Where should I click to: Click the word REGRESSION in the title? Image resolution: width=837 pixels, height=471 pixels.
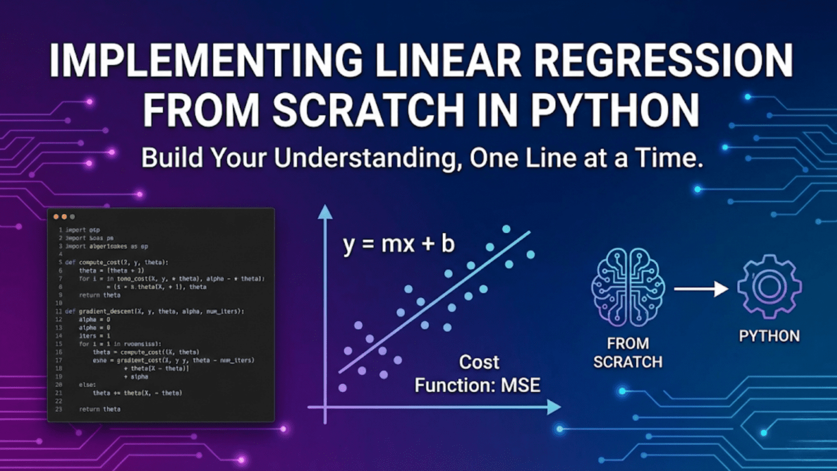tap(663, 60)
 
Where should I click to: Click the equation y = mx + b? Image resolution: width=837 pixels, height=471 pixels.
tap(398, 244)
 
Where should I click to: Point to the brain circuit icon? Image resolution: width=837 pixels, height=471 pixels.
tap(628, 287)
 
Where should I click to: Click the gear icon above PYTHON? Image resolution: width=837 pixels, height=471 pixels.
tap(769, 287)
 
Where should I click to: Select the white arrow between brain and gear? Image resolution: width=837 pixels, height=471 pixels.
tap(701, 288)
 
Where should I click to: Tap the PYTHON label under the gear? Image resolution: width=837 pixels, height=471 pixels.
tap(769, 336)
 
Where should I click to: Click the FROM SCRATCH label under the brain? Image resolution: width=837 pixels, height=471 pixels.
tap(628, 353)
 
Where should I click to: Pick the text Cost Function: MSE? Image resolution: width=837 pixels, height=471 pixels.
tap(477, 374)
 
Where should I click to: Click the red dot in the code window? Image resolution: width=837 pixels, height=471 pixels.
tap(56, 217)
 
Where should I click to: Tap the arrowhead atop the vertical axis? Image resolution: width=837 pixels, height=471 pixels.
tap(325, 212)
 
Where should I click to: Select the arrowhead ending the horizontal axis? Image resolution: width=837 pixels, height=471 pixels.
tap(553, 407)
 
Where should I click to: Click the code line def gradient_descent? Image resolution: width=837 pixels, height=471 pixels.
tap(154, 311)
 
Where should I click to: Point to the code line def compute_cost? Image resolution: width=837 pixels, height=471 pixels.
tap(117, 262)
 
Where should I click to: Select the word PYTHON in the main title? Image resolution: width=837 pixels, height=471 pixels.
tap(615, 110)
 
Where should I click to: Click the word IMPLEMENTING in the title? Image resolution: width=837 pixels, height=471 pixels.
tap(205, 60)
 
